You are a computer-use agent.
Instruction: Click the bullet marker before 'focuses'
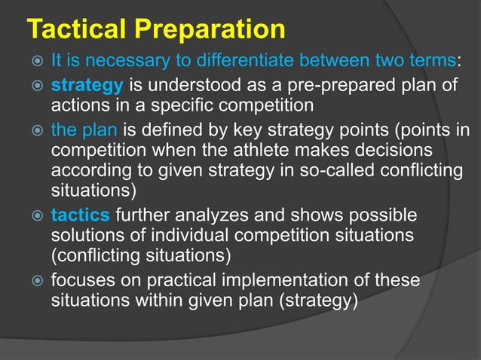33,281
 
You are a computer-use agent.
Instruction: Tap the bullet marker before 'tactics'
33,217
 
